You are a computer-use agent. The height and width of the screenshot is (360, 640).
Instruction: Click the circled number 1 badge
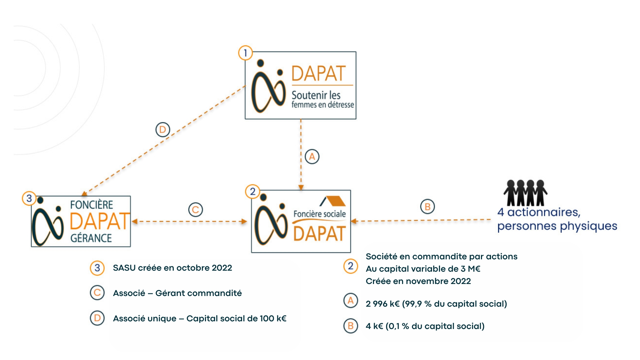(245, 53)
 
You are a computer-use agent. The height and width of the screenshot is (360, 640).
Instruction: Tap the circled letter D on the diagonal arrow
(163, 130)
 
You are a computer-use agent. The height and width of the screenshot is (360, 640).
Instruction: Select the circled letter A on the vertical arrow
(312, 157)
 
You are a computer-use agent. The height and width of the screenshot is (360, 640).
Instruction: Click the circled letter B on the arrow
(427, 207)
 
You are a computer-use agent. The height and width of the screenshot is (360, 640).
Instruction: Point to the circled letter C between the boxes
(196, 210)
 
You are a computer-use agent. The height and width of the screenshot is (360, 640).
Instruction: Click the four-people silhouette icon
(525, 193)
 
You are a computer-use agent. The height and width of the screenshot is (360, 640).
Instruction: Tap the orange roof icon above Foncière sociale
(333, 201)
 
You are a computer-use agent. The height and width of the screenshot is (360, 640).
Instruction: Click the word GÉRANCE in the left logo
(91, 238)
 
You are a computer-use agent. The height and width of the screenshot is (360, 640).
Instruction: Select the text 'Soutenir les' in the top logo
(316, 95)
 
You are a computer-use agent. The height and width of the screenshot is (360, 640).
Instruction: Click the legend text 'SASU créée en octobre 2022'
(172, 268)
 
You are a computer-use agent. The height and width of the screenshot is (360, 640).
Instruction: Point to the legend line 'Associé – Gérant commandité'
(177, 293)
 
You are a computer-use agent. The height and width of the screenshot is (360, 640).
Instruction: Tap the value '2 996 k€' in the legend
(383, 304)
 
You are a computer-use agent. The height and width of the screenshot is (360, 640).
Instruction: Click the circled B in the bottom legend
(351, 326)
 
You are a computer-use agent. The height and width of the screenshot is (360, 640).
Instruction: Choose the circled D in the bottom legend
(97, 318)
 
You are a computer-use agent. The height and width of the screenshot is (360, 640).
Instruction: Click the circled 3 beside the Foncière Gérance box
(29, 198)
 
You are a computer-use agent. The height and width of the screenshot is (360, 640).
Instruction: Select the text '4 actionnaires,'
(539, 212)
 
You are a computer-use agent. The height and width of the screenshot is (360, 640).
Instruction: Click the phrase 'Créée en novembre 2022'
(418, 281)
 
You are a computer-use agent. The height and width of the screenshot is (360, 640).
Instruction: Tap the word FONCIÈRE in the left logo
(92, 204)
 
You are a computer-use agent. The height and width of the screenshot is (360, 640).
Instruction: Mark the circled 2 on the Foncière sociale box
(253, 192)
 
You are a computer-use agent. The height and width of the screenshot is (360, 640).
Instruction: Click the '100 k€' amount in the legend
(273, 318)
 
